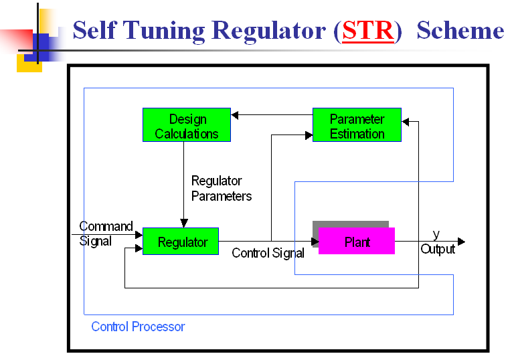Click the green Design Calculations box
[x=187, y=125]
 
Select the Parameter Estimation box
[x=357, y=125]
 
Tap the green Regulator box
[x=181, y=242]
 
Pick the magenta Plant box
[x=357, y=241]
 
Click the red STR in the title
[x=368, y=31]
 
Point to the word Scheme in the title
[x=460, y=30]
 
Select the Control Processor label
[x=138, y=327]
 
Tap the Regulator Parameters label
[x=222, y=189]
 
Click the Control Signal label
[x=268, y=253]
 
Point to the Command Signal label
[x=106, y=234]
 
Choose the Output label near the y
[x=438, y=249]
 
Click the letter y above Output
[x=436, y=235]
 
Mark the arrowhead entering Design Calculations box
[x=235, y=115]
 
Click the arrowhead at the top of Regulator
[x=184, y=223]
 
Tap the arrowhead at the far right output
[x=461, y=242]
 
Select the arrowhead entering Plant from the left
[x=315, y=242]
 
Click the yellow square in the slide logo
[x=29, y=63]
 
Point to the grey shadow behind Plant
[x=351, y=224]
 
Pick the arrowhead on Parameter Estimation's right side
[x=406, y=122]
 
